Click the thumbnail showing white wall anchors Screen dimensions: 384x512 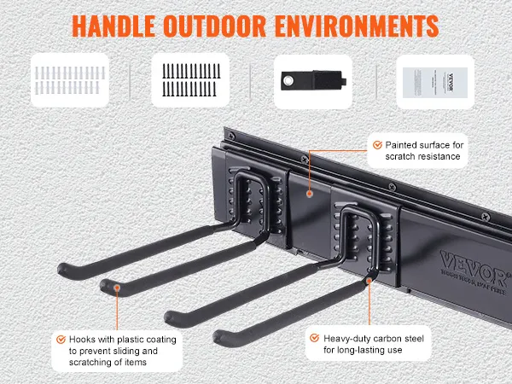pos(71,80)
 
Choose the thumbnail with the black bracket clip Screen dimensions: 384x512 pos(312,80)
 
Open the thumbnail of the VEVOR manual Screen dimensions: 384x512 pos(433,80)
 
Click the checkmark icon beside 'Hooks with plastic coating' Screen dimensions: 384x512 pos(61,339)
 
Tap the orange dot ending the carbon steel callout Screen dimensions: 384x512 pos(369,276)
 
